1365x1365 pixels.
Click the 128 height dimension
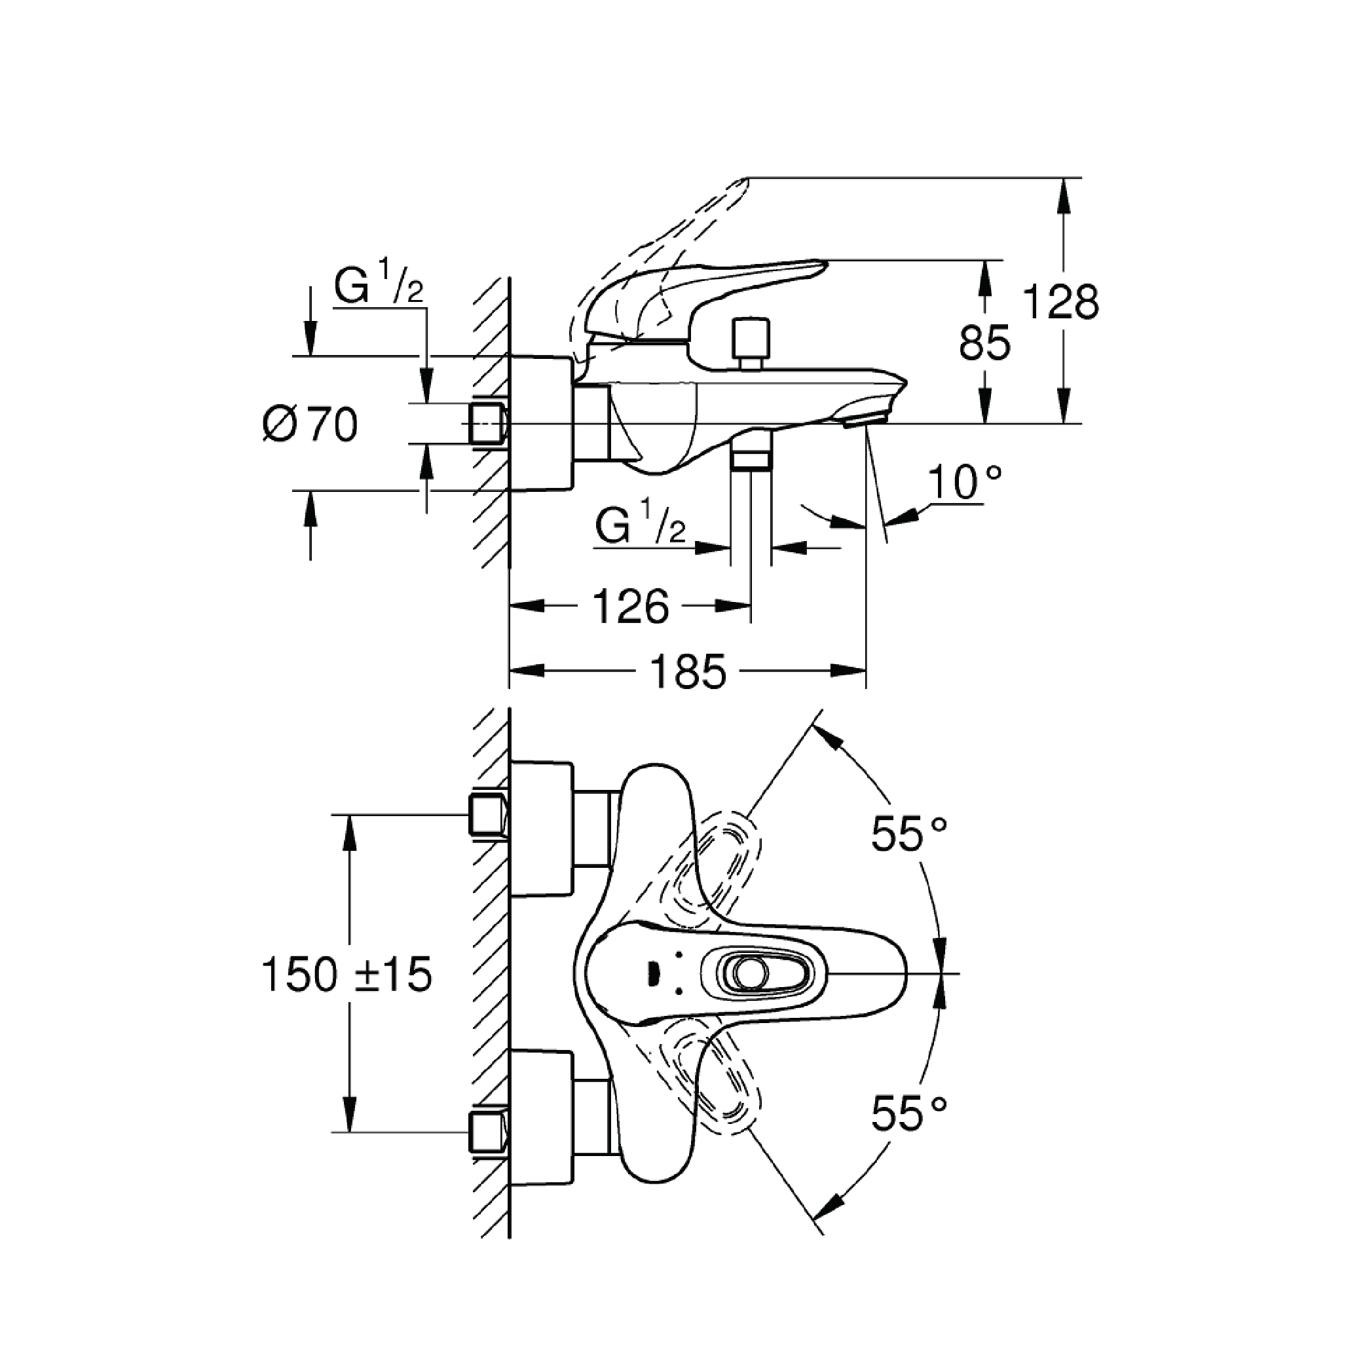1060,303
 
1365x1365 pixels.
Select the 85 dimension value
984,344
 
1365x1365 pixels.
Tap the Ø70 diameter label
310,425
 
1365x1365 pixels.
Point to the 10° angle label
964,482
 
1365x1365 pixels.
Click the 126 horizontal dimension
630,607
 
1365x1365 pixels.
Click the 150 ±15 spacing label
346,975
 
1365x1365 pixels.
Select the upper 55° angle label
908,834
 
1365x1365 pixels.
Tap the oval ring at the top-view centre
749,974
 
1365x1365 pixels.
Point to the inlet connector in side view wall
487,424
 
